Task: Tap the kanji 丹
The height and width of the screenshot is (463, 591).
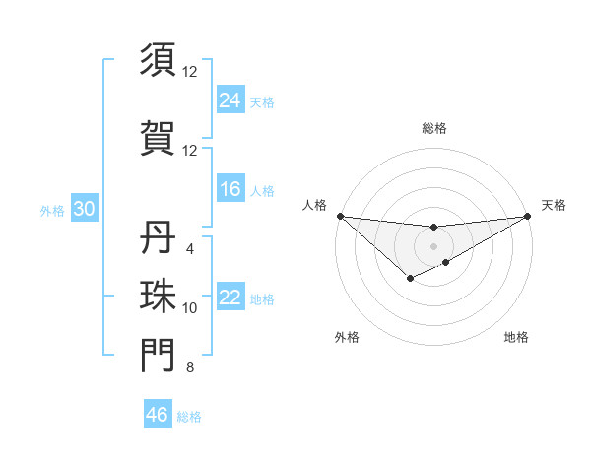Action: click(x=158, y=237)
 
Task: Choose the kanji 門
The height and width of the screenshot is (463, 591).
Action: click(x=158, y=356)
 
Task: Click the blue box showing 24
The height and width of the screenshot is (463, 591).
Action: click(x=230, y=99)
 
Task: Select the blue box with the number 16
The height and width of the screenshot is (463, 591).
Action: click(x=230, y=189)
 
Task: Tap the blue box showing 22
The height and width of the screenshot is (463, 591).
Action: click(x=230, y=298)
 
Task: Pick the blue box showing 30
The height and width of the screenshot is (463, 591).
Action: click(x=83, y=210)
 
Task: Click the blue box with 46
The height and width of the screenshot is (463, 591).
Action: click(x=157, y=415)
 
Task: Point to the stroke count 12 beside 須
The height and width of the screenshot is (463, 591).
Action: click(x=189, y=72)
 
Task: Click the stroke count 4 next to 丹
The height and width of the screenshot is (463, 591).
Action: click(x=189, y=249)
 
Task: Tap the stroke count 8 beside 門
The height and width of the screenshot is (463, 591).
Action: click(x=189, y=368)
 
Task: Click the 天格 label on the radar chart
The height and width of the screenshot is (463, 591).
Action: click(x=554, y=205)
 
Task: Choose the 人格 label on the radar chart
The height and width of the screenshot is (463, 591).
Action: click(x=314, y=205)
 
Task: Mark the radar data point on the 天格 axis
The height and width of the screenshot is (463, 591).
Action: click(x=528, y=216)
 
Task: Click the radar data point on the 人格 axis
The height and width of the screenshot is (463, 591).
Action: click(x=340, y=216)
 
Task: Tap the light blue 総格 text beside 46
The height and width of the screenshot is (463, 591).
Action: click(x=189, y=417)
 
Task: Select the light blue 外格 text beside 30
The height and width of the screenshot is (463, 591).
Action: click(x=52, y=211)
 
